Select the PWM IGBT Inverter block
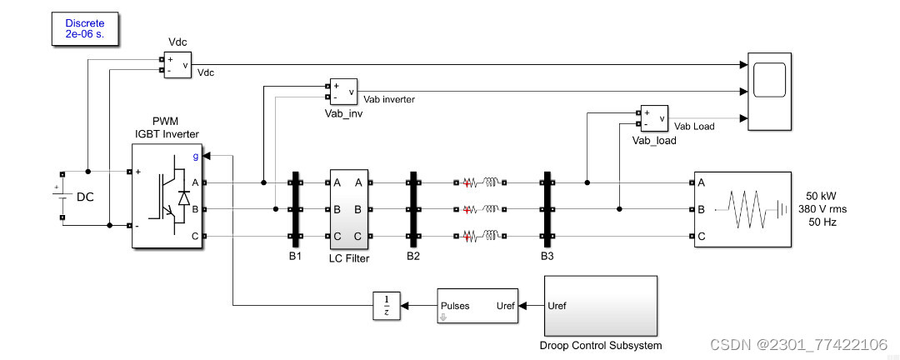(166, 196)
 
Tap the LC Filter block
(348, 209)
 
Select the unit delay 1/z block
(386, 306)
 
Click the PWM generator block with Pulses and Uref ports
(477, 306)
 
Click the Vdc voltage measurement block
(177, 64)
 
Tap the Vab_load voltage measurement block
(654, 119)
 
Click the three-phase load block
(741, 209)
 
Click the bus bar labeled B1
(294, 209)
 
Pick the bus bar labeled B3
(547, 209)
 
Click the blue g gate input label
(196, 155)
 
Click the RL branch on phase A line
(481, 182)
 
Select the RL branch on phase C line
(481, 237)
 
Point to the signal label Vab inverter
(389, 99)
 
